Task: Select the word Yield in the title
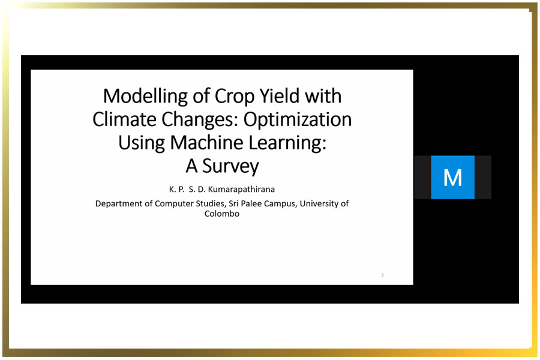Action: [279, 96]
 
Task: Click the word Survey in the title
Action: [230, 167]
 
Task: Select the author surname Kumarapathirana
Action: [241, 189]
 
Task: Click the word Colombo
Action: [222, 214]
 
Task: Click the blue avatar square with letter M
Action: [452, 177]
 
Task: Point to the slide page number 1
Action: [383, 275]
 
